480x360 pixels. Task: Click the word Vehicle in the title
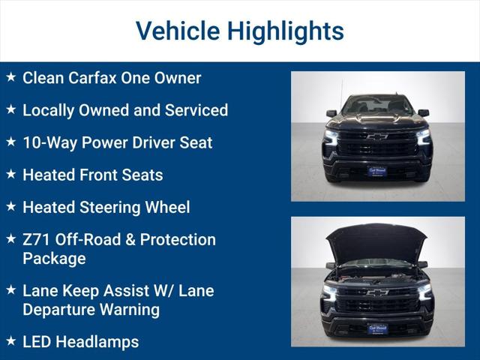pos(178,31)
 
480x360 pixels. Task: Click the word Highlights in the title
pos(286,31)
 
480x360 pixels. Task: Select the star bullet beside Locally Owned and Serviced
pos(10,109)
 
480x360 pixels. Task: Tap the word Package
pos(54,259)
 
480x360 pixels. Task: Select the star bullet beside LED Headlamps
pos(10,341)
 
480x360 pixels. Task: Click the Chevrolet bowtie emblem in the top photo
pos(377,137)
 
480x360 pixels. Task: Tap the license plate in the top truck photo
pos(377,170)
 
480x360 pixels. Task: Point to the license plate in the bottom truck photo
pos(377,328)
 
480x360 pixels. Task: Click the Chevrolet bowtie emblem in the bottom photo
pos(377,292)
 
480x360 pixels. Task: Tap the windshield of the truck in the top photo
pos(377,106)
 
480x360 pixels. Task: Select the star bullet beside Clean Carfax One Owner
pos(10,77)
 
